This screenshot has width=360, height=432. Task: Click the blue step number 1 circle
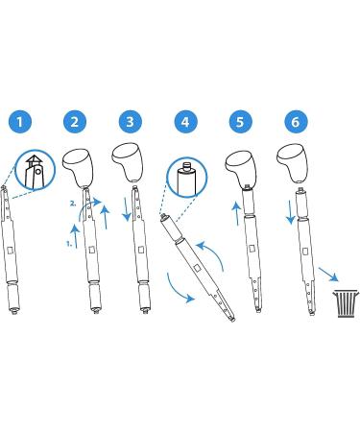20,122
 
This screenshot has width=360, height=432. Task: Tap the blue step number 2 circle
75,122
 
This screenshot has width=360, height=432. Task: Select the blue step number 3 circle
130,122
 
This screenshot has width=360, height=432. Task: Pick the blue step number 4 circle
185,122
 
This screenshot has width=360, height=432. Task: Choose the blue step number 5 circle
241,122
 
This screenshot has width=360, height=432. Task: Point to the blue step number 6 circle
296,122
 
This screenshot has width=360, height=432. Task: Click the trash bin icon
346,303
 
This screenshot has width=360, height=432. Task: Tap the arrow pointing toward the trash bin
328,275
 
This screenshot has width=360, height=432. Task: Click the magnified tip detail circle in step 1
36,170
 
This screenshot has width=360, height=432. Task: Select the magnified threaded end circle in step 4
187,177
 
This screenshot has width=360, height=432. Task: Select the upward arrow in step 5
237,213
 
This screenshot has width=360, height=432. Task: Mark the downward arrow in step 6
290,212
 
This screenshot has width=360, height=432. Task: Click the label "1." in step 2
69,244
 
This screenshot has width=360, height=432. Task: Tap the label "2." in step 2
74,204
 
